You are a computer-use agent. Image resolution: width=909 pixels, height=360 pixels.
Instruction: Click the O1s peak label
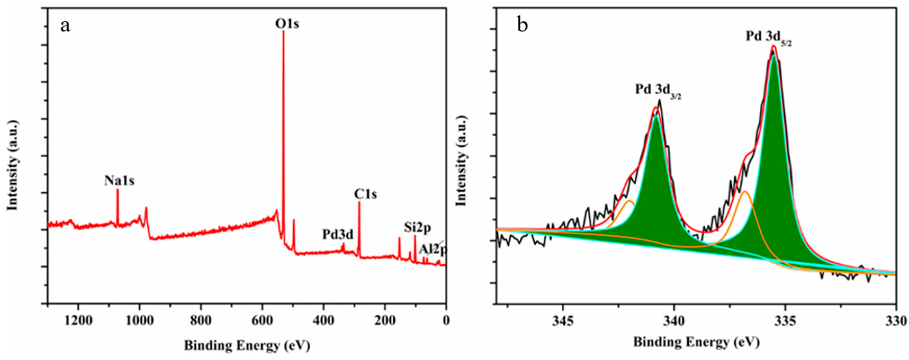point(287,24)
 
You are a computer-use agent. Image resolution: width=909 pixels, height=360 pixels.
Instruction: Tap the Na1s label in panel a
point(119,181)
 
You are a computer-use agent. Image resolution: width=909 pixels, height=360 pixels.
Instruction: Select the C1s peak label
point(366,194)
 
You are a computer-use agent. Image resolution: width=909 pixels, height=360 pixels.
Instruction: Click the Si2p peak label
point(417,228)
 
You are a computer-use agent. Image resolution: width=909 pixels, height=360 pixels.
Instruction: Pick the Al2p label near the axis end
point(433,250)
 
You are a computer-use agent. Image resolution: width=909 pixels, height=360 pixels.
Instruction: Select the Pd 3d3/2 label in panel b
point(658,90)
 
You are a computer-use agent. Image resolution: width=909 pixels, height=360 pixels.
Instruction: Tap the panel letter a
point(65,26)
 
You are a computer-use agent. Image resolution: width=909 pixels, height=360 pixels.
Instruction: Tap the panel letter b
point(523,26)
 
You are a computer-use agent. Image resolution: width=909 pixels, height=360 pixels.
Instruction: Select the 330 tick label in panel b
point(896,321)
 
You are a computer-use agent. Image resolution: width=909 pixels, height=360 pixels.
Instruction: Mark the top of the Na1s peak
point(118,190)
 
